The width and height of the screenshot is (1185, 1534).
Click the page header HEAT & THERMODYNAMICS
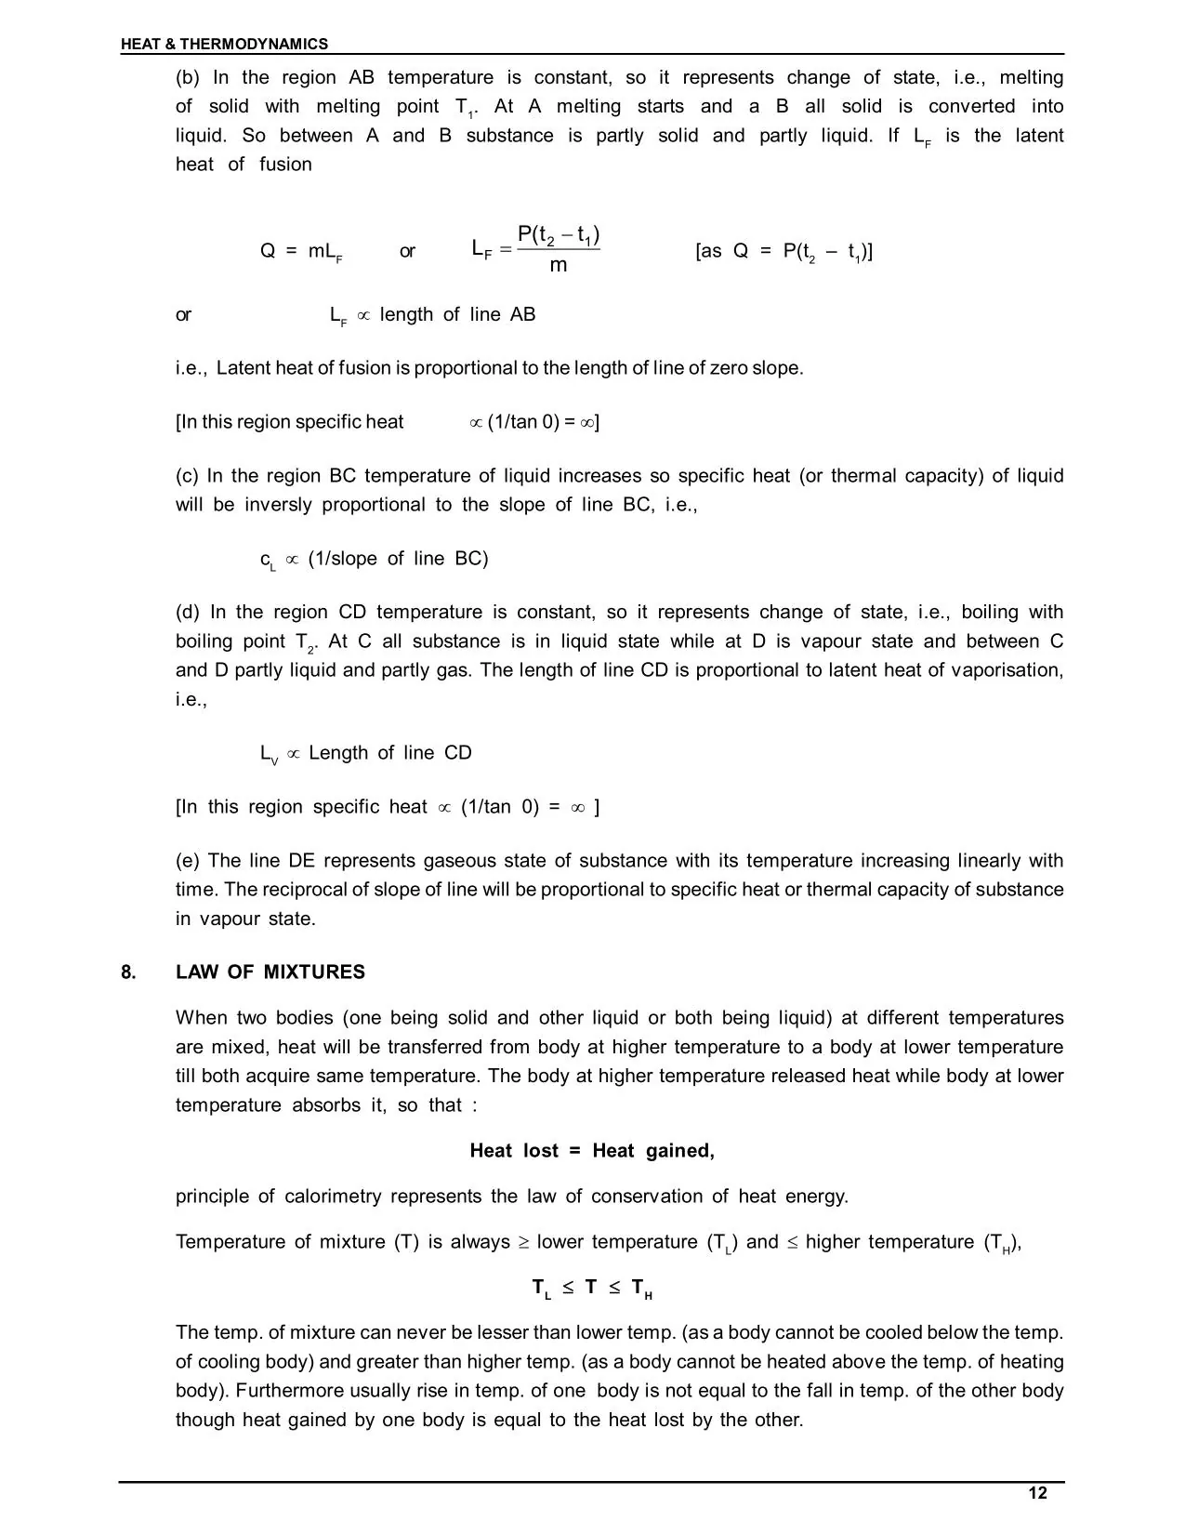pos(224,44)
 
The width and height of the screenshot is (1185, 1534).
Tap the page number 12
pos(1037,1493)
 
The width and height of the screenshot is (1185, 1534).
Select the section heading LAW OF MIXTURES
pos(270,972)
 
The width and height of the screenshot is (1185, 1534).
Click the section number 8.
pos(128,972)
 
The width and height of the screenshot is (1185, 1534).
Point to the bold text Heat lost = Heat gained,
pos(592,1150)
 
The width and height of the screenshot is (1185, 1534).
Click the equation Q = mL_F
pos(301,252)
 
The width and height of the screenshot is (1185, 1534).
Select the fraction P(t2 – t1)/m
pos(557,249)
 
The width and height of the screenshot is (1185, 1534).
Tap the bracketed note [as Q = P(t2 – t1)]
pos(783,252)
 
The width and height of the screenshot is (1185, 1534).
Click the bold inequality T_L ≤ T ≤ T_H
pos(592,1288)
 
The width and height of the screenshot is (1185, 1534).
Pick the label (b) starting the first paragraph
pos(188,77)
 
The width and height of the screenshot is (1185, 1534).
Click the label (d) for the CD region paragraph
pos(188,612)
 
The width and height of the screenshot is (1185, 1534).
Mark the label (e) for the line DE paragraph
pos(188,860)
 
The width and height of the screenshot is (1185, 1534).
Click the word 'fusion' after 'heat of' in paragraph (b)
pos(285,165)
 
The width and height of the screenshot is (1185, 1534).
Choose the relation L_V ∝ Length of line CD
pos(366,753)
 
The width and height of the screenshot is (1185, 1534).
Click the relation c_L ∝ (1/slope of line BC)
pos(374,560)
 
